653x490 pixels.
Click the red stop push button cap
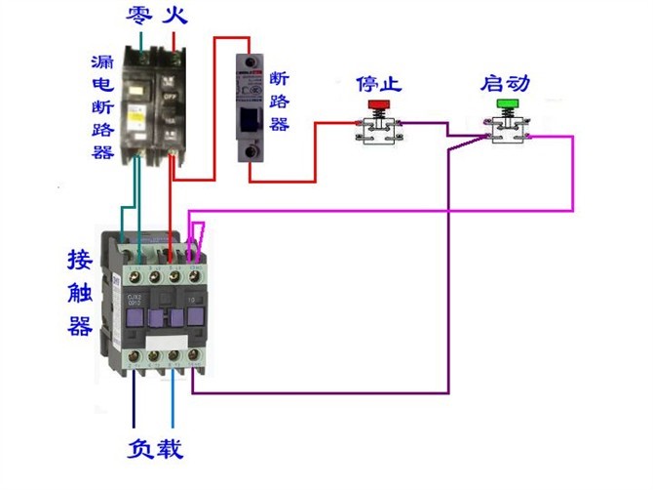(x=377, y=102)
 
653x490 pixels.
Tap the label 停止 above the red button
(x=377, y=81)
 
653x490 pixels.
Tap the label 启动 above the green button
(x=505, y=81)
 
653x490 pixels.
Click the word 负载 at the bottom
(x=155, y=450)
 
